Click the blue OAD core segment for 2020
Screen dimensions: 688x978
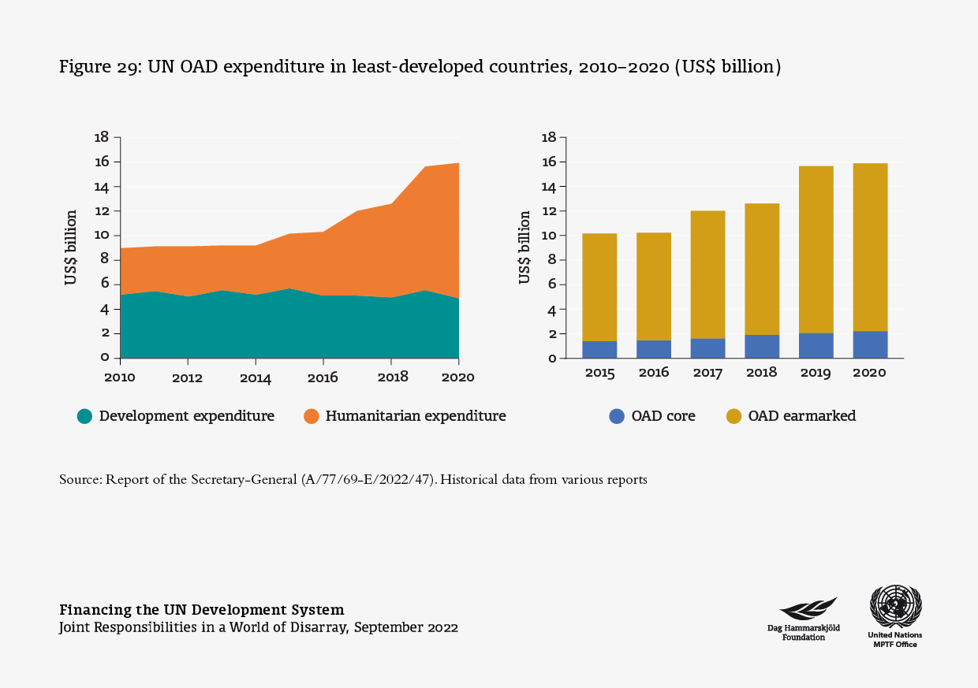tap(869, 344)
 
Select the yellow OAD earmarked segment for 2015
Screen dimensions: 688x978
tap(599, 287)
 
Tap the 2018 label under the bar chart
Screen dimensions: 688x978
tap(761, 373)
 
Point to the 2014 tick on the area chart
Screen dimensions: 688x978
tap(256, 377)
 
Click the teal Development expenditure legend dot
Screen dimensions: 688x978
tap(84, 416)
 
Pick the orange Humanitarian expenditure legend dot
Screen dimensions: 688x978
tap(311, 416)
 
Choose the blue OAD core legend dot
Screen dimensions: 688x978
tap(617, 416)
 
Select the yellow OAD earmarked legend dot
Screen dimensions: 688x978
tap(733, 416)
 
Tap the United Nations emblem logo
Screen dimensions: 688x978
tap(895, 607)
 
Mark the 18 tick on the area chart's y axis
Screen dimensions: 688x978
tap(101, 137)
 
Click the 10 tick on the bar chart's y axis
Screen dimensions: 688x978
tap(550, 236)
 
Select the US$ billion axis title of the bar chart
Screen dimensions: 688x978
tap(524, 247)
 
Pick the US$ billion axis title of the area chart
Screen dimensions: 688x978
tap(72, 247)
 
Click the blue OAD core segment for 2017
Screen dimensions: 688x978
tap(707, 348)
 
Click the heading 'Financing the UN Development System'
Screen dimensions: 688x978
tap(202, 610)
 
